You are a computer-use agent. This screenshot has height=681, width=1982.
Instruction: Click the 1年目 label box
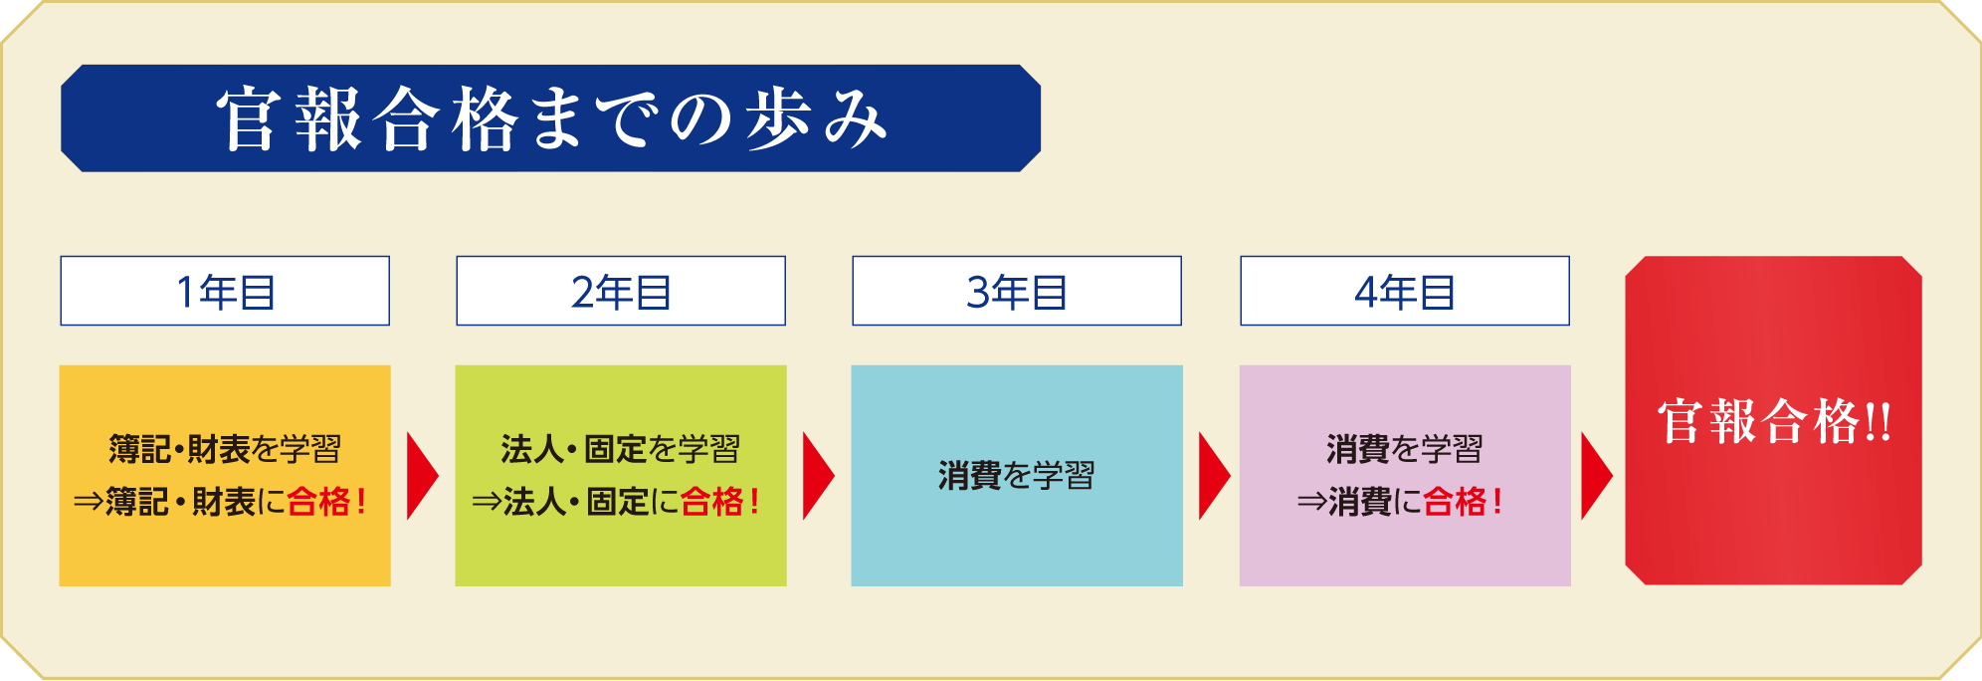(x=225, y=291)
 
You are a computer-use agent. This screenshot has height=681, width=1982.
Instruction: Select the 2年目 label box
(x=621, y=291)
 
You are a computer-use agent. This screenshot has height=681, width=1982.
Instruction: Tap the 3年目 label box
(x=1017, y=291)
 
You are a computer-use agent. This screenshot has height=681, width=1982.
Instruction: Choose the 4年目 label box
(x=1405, y=291)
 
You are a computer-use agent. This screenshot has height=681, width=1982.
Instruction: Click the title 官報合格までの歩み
(x=551, y=118)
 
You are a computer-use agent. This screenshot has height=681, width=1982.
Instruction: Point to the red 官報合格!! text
(x=1774, y=421)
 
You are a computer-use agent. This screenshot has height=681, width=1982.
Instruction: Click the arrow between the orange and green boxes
(x=421, y=476)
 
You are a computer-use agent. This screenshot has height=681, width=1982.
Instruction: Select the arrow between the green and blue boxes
(x=817, y=476)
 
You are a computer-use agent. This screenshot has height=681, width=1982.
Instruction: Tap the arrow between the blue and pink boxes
(x=1213, y=476)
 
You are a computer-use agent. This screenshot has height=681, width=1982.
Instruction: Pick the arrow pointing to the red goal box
(x=1596, y=476)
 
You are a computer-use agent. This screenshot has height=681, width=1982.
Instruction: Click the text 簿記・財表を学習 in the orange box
(x=225, y=449)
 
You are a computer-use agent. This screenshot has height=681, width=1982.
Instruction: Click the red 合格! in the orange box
(x=327, y=501)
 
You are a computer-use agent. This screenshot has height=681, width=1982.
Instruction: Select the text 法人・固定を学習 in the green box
(x=621, y=449)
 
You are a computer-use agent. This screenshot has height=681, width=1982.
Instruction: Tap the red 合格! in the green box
(x=721, y=501)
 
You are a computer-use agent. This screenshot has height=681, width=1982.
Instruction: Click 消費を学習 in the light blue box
(x=1017, y=476)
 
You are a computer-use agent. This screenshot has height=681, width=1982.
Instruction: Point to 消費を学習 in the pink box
(x=1405, y=449)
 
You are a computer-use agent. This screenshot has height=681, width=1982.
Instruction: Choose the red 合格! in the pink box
(x=1463, y=501)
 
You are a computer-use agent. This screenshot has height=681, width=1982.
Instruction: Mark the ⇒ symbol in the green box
(x=486, y=502)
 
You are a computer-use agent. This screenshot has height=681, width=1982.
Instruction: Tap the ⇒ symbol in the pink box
(x=1311, y=502)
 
